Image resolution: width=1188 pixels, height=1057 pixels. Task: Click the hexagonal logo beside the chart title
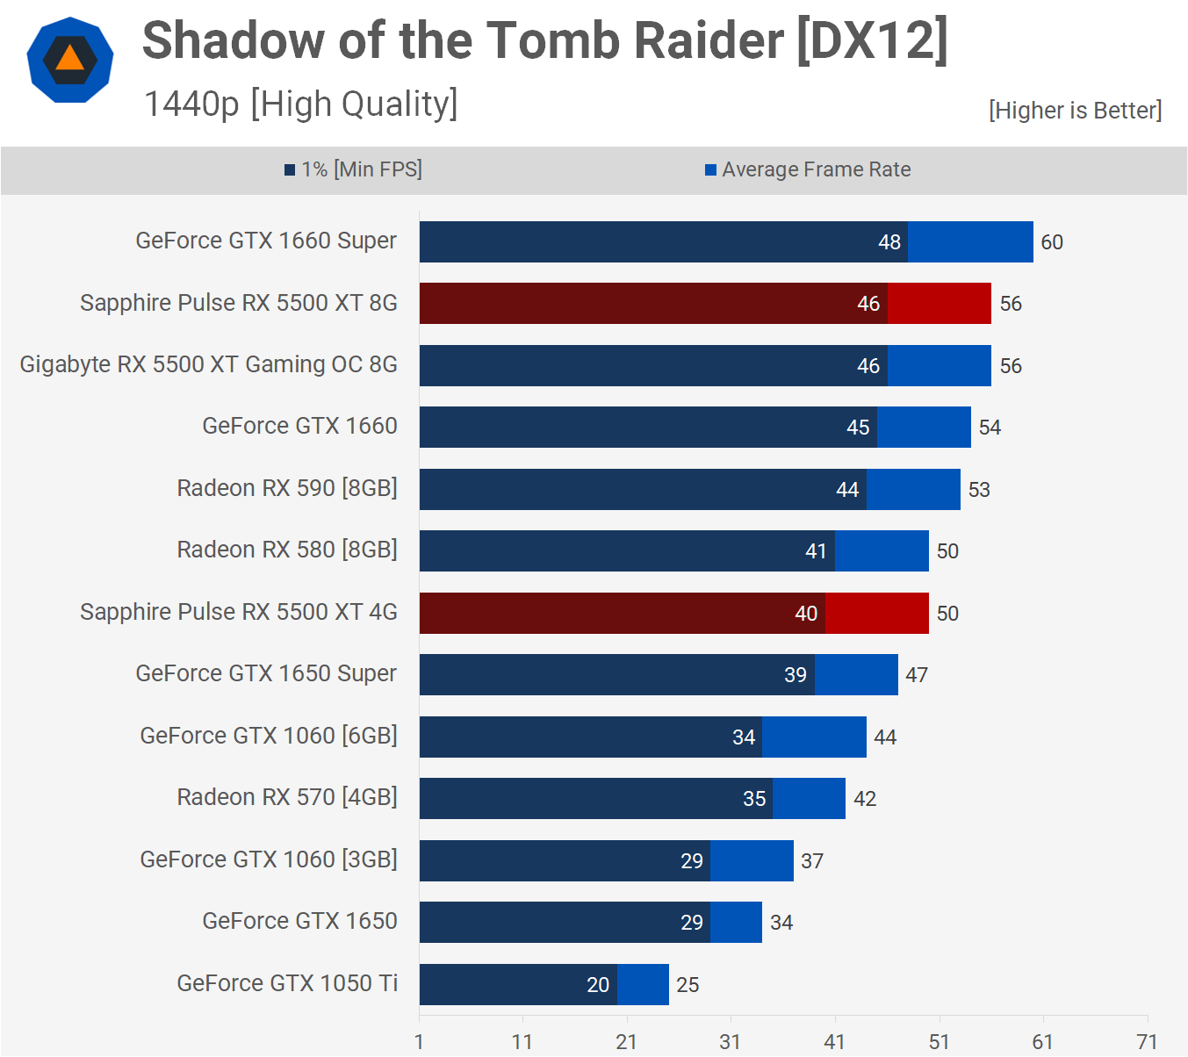pos(70,60)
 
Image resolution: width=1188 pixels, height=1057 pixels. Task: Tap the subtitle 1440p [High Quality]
pos(300,104)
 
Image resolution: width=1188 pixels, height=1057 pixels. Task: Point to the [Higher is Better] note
pos(1075,111)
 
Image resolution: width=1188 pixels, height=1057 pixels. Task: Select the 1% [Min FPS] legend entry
pos(353,169)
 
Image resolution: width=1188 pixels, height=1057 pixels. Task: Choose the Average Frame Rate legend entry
pos(808,169)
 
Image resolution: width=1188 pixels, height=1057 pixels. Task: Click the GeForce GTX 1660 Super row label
pos(265,241)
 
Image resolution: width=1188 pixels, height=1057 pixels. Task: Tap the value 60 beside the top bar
pos(1051,242)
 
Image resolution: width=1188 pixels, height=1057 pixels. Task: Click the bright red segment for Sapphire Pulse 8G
pos(939,304)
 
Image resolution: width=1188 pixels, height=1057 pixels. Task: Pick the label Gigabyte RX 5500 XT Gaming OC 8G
pos(208,364)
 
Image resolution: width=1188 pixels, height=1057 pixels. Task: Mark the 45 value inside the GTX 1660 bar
pos(857,428)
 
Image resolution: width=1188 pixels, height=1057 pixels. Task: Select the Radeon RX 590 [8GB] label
pos(287,488)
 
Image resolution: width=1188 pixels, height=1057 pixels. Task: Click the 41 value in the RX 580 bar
pos(816,551)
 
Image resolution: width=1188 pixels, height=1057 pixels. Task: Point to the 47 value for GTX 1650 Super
pos(917,675)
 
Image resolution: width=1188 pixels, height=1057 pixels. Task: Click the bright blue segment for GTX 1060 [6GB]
pos(814,737)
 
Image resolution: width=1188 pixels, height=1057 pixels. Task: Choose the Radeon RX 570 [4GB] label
pos(287,797)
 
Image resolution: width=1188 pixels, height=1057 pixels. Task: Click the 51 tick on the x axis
pos(939,1042)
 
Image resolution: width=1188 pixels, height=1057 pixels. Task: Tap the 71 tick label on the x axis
pos(1147,1042)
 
